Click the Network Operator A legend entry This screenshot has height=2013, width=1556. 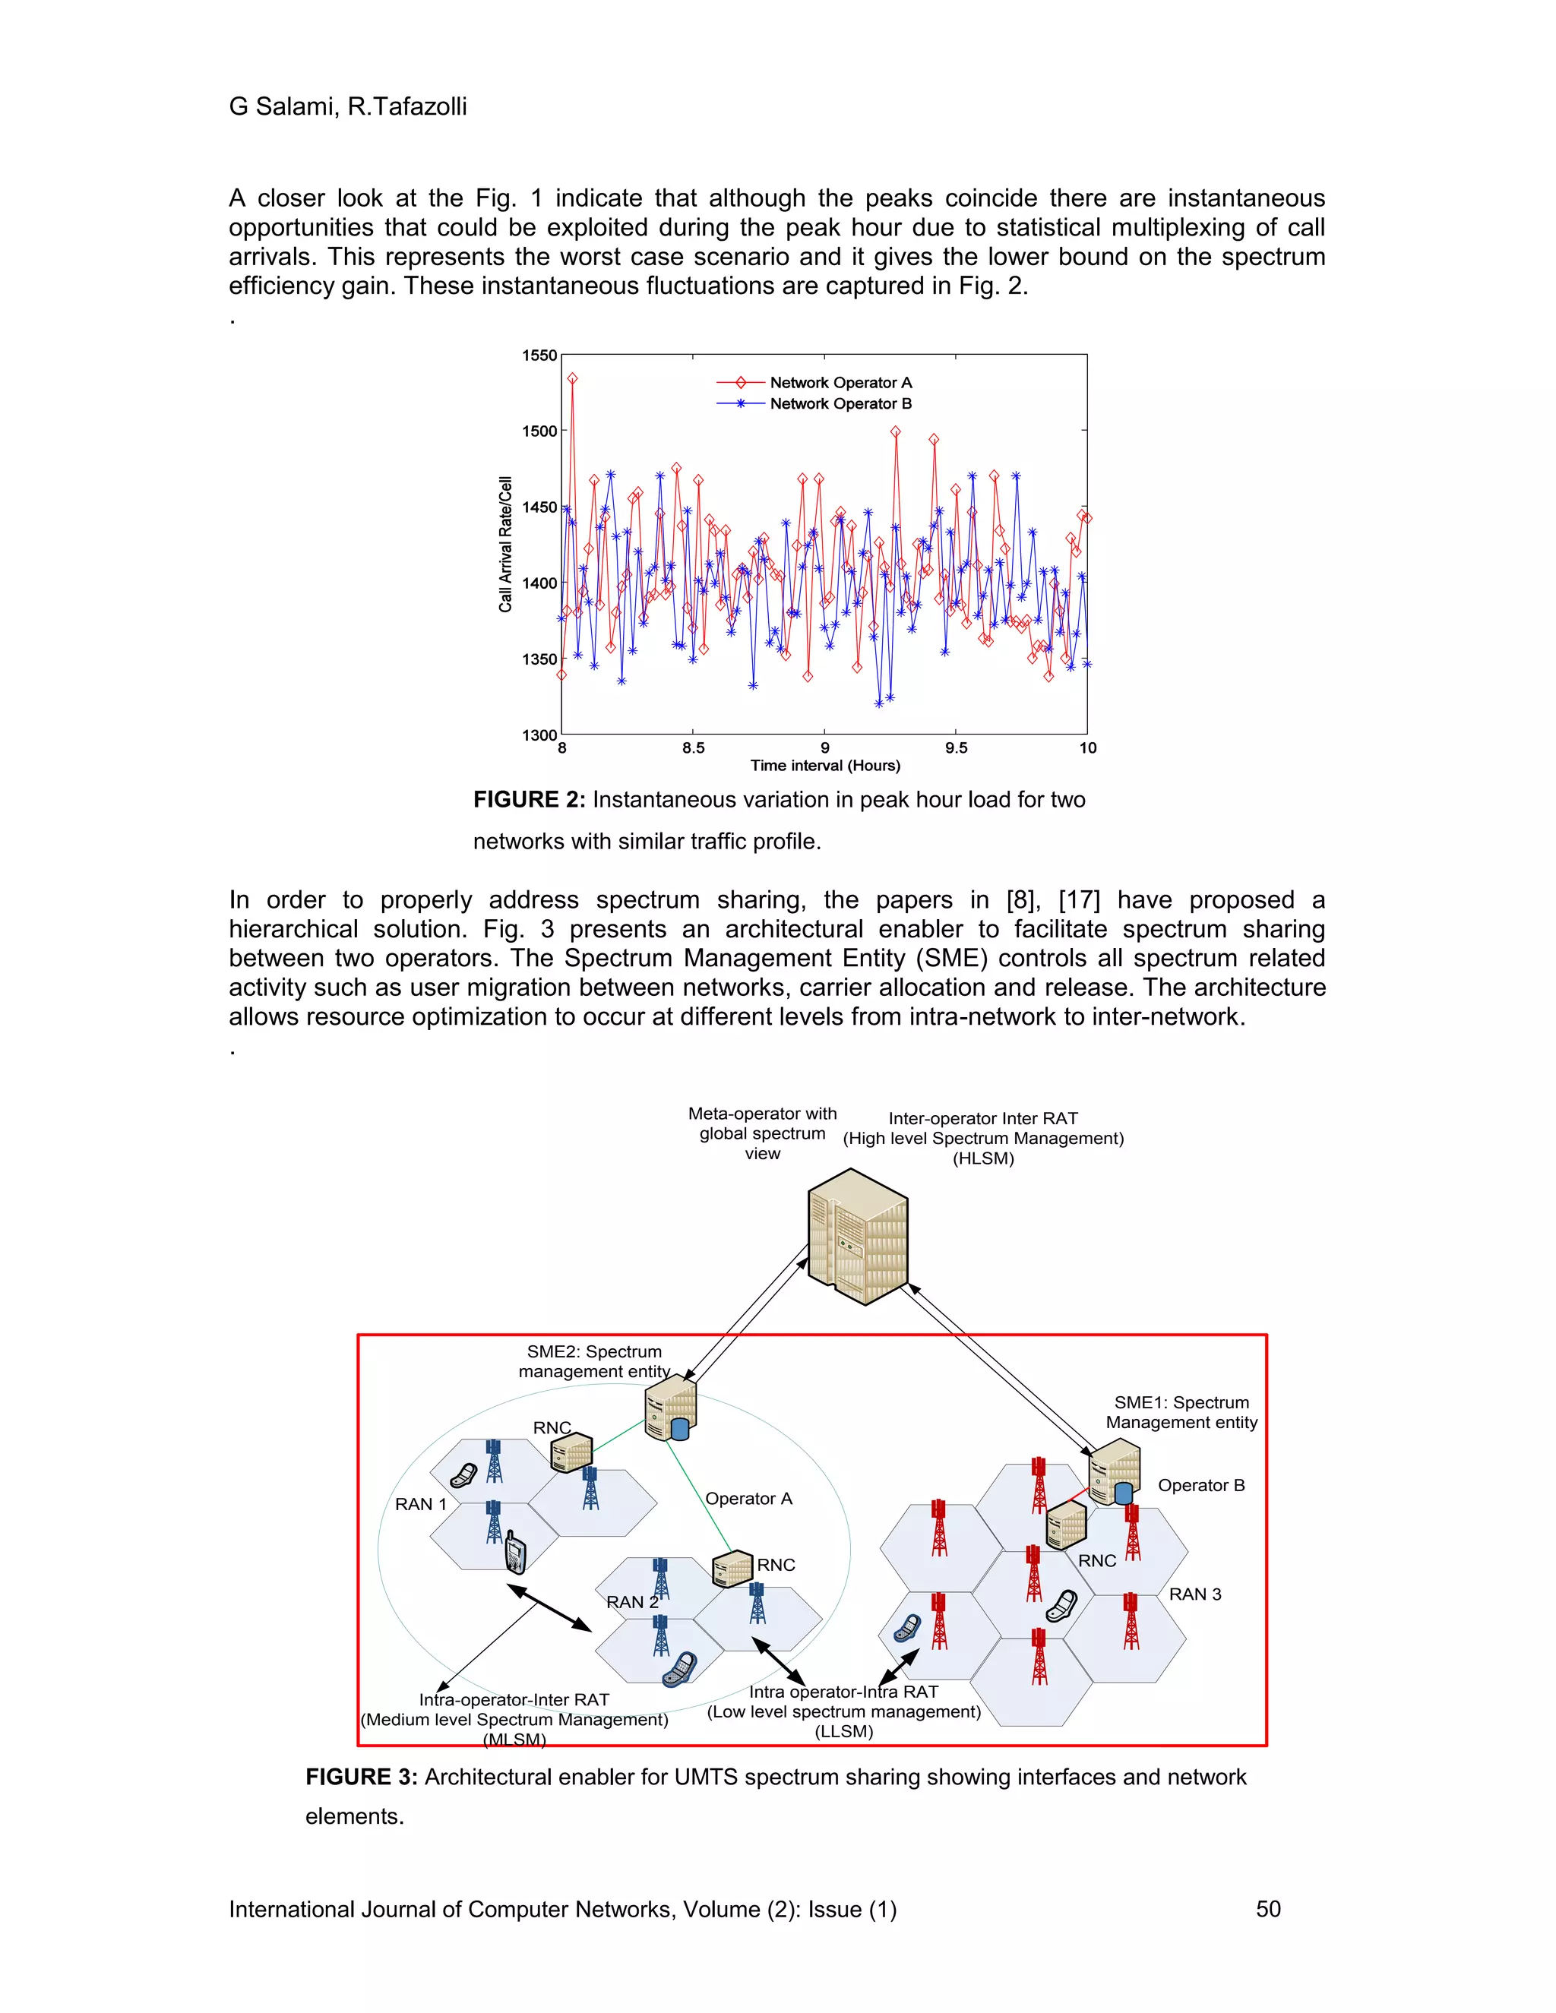pyautogui.click(x=840, y=383)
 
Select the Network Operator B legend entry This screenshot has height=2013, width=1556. pyautogui.click(x=840, y=403)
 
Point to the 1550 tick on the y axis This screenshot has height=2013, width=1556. pyautogui.click(x=539, y=356)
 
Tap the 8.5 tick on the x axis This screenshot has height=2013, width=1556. pyautogui.click(x=693, y=747)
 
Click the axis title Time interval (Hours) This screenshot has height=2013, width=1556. pyautogui.click(x=825, y=765)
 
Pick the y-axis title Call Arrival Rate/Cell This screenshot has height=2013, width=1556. pyautogui.click(x=505, y=544)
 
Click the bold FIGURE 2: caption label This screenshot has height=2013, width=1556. pyautogui.click(x=529, y=800)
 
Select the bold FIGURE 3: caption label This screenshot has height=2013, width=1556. pyautogui.click(x=362, y=1777)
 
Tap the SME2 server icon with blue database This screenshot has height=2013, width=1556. pyautogui.click(x=670, y=1408)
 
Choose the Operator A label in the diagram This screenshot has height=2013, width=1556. pyautogui.click(x=748, y=1499)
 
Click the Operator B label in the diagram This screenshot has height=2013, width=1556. pyautogui.click(x=1201, y=1485)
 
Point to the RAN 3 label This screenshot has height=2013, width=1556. pyautogui.click(x=1194, y=1594)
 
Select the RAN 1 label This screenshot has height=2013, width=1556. pyautogui.click(x=420, y=1504)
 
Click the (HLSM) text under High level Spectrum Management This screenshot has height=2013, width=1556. pyautogui.click(x=982, y=1158)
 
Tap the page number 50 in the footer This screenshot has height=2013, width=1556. pyautogui.click(x=1267, y=1908)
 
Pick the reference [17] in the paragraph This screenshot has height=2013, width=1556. pyautogui.click(x=1079, y=899)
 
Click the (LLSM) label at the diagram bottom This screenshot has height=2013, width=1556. pyautogui.click(x=843, y=1731)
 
